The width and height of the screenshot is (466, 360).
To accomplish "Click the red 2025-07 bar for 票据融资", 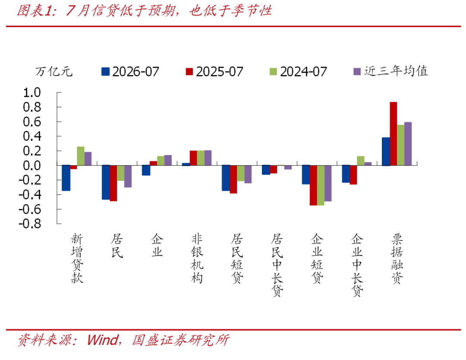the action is point(393,134).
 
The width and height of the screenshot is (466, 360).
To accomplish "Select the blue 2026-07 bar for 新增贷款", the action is point(66,178).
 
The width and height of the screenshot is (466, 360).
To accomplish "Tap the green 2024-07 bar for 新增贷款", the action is point(81,156).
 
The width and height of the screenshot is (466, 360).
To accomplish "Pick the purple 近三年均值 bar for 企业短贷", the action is point(328,183).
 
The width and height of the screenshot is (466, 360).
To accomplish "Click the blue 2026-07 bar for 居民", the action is point(106,183).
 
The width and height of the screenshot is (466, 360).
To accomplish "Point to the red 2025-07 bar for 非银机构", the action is point(193,158).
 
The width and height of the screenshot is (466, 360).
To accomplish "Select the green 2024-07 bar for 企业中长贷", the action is point(360,161).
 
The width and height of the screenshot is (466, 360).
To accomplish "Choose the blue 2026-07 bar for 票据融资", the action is point(386,152).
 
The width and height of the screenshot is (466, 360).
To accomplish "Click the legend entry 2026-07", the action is point(130,72).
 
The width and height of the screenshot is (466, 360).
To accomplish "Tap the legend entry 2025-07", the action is point(214,72).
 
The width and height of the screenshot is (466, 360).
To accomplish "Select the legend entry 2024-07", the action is point(298,72).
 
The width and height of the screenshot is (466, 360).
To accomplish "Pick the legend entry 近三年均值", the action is point(390,71).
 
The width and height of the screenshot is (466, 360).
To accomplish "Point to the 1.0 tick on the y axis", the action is point(32,92).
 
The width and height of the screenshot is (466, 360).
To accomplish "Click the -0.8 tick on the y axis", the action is point(30,224).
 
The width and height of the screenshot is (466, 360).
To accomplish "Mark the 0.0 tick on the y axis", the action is point(32,166).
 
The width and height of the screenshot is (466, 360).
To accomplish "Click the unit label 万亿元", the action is point(54,72).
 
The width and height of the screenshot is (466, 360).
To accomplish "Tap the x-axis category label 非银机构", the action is point(197,258).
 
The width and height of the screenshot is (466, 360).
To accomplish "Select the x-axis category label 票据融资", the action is point(397,258).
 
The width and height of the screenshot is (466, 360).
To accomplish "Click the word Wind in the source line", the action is point(102,340).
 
